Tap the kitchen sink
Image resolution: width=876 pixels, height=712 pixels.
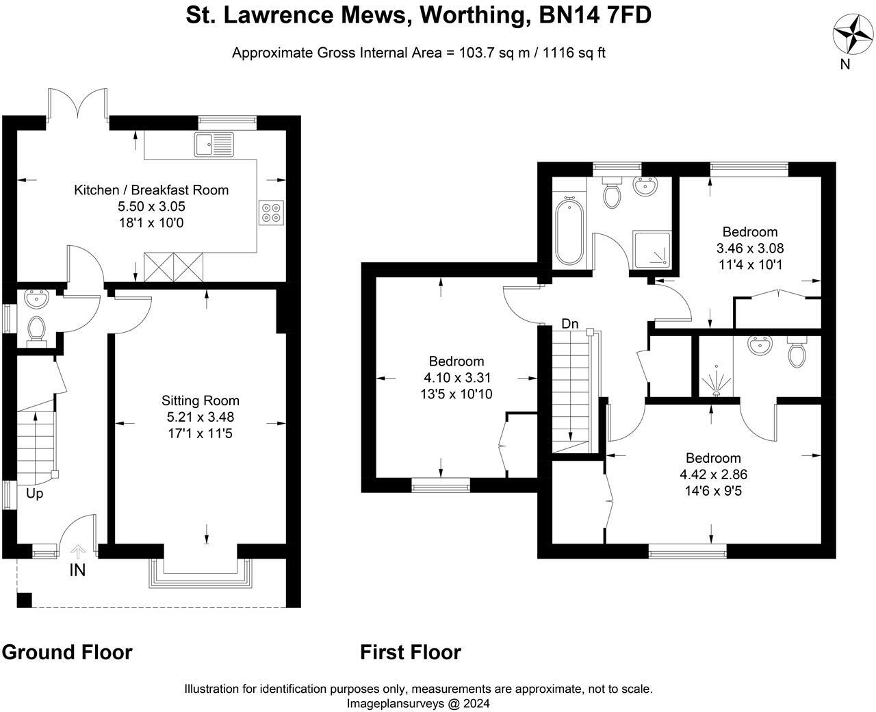coord(214,144)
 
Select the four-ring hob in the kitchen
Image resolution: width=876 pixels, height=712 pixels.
coord(271,212)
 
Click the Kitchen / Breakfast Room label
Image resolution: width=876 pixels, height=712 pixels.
coord(151,190)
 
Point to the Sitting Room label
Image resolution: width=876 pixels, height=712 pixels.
coord(201,400)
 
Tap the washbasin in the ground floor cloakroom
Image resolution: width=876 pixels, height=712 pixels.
coord(36,298)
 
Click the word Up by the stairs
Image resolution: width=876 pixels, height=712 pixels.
coord(34,494)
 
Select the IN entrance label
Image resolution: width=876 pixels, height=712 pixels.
coord(77,570)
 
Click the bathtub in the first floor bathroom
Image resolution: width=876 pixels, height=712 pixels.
coord(569,231)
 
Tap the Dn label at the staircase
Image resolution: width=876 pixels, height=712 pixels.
coord(570,324)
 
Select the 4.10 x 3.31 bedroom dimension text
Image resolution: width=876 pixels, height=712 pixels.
coord(456,378)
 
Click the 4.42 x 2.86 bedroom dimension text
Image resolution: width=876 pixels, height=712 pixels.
coord(714,474)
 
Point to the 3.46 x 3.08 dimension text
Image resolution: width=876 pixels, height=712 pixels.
coord(750,248)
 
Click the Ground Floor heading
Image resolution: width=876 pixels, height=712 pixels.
coord(67,652)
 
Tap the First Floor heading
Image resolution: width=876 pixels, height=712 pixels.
coord(411,652)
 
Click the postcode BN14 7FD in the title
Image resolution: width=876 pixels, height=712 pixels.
coord(595,15)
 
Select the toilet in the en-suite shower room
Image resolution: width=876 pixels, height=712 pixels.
coord(797,352)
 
